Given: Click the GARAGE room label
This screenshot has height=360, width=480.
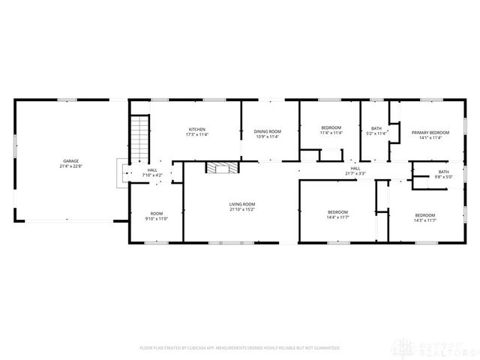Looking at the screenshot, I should pyautogui.click(x=71, y=161).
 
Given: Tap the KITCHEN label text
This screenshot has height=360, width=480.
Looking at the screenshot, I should pyautogui.click(x=196, y=129).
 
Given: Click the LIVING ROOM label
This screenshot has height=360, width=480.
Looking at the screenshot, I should pyautogui.click(x=242, y=204).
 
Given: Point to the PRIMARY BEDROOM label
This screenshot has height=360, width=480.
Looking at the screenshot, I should pyautogui.click(x=424, y=131).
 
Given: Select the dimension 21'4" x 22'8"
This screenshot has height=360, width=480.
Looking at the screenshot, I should pyautogui.click(x=71, y=166).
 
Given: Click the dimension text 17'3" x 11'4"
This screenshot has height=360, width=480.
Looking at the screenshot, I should pyautogui.click(x=196, y=135).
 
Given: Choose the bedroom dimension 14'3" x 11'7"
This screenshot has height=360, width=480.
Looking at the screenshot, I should pyautogui.click(x=425, y=220).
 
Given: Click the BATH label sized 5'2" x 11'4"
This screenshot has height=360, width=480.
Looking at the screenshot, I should pyautogui.click(x=376, y=129).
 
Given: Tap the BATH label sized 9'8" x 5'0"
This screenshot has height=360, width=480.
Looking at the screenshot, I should pyautogui.click(x=444, y=172).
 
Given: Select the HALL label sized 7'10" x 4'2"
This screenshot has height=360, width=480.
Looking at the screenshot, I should pyautogui.click(x=152, y=170).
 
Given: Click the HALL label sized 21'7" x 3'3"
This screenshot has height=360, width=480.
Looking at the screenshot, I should pyautogui.click(x=355, y=169).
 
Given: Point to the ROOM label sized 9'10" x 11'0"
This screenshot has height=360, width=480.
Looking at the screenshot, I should pyautogui.click(x=157, y=213).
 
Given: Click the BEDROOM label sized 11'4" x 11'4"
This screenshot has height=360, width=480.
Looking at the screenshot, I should pyautogui.click(x=331, y=127).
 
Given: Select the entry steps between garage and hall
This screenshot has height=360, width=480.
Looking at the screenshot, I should pyautogui.click(x=120, y=175).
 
